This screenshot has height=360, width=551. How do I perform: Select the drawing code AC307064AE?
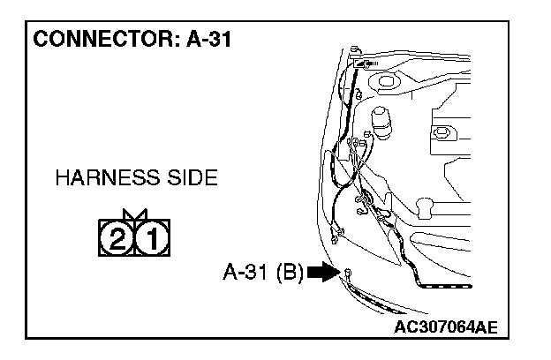(445, 326)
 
